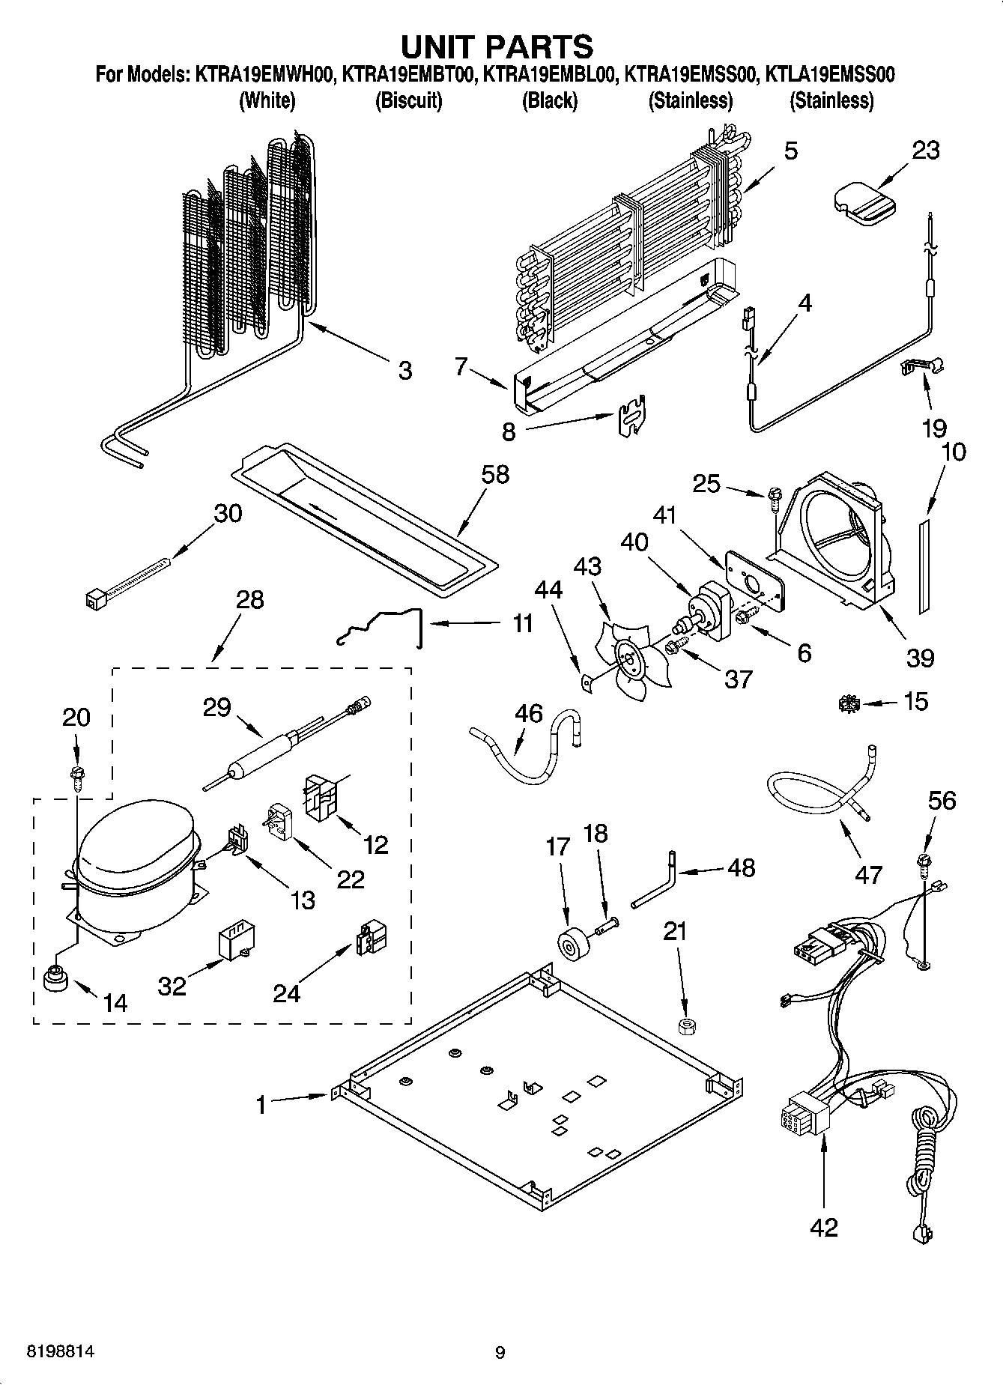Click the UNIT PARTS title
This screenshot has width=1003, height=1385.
tap(497, 46)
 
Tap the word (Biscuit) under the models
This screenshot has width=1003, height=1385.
tap(408, 100)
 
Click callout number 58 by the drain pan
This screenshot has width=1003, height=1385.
tap(496, 474)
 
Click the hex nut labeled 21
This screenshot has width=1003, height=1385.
tap(684, 1025)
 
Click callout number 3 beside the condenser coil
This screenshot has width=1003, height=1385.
tap(404, 370)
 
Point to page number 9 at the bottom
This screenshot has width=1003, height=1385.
tap(500, 1352)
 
